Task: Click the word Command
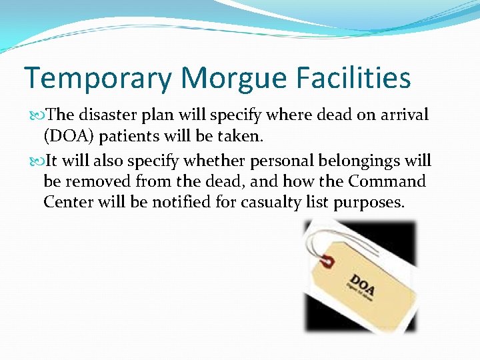(388, 181)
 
